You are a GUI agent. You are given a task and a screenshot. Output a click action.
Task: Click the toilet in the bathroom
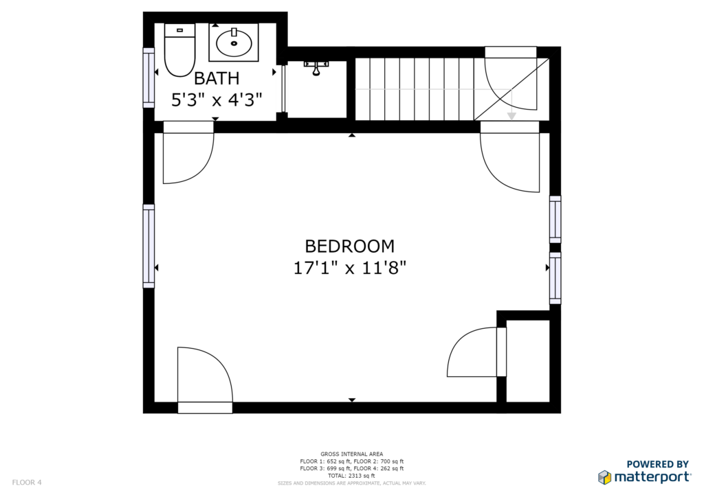(x=179, y=50)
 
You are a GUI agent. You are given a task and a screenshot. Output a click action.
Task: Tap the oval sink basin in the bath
(x=234, y=43)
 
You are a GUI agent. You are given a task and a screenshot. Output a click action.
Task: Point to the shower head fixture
(x=316, y=68)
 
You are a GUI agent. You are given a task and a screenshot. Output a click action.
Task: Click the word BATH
(x=217, y=78)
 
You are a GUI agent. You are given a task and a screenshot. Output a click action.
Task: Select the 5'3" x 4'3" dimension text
(x=217, y=100)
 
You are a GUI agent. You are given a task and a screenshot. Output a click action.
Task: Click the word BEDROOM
(x=350, y=246)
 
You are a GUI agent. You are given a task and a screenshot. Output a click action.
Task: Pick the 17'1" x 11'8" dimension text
(x=350, y=268)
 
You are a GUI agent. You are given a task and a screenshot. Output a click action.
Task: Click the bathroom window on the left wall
(x=148, y=78)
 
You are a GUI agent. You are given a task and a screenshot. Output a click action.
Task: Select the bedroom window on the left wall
(x=148, y=246)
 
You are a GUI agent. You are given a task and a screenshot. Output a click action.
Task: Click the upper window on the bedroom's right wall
(x=555, y=219)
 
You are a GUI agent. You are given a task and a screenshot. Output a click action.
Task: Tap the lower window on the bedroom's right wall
(x=555, y=278)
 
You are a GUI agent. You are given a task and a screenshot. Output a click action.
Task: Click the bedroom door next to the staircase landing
(x=510, y=157)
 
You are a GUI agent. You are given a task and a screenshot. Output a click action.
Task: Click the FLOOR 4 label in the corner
(x=27, y=482)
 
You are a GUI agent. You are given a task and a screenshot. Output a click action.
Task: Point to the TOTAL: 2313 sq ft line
(x=351, y=476)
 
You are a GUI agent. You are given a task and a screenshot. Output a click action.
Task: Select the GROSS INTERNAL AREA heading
(x=351, y=454)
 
